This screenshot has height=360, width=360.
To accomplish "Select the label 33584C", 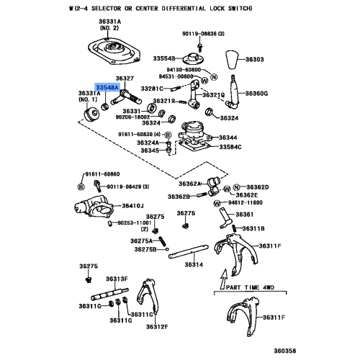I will pyautogui.click(x=229, y=148).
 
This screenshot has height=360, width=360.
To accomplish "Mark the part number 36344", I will pyautogui.click(x=228, y=138).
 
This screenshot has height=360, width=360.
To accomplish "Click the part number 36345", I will pyautogui.click(x=149, y=150).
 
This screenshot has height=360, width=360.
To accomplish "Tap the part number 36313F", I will pyautogui.click(x=117, y=279).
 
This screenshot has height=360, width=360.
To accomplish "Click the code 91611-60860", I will pyautogui.click(x=101, y=174).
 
